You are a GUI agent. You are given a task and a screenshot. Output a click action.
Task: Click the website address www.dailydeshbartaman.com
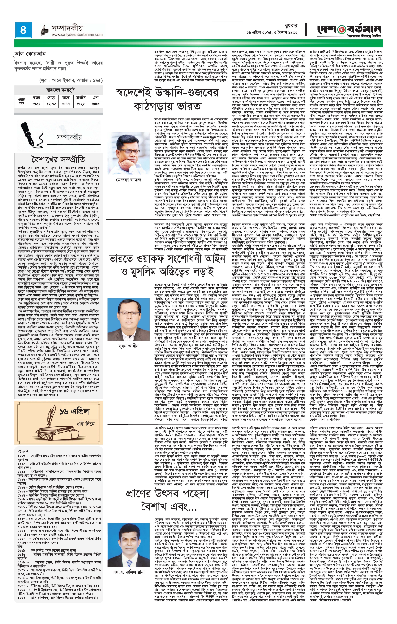pos(77,35)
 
